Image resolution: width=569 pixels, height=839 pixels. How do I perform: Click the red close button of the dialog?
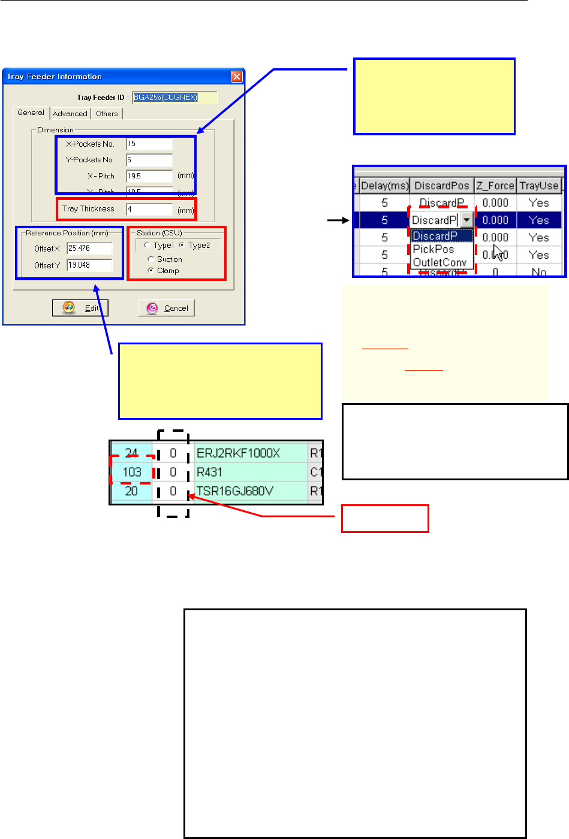(x=237, y=77)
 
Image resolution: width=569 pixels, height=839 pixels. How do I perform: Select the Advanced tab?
(x=70, y=114)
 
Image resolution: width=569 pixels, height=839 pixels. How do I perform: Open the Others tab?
(x=107, y=114)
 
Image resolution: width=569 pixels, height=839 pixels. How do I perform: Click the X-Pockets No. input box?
(x=149, y=144)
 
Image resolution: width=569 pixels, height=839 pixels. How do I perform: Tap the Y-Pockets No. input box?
(x=149, y=160)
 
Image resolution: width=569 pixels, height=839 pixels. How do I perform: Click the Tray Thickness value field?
(x=149, y=209)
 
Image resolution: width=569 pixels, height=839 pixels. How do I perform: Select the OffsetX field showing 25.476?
(x=90, y=249)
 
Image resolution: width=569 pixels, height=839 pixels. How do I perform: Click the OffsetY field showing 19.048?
(x=90, y=265)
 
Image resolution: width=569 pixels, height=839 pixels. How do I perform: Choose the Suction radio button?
(x=151, y=259)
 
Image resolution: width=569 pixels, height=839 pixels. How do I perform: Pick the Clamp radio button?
(x=151, y=271)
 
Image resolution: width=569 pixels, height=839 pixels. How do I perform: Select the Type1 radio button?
(x=147, y=246)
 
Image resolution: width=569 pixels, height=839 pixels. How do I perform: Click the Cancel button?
(x=167, y=308)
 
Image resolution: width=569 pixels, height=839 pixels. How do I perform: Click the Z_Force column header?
(x=495, y=186)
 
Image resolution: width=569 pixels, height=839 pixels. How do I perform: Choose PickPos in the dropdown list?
(x=433, y=249)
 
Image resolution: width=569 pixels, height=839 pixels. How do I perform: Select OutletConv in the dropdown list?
(x=439, y=262)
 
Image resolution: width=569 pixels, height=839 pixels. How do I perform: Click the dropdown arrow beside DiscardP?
(x=466, y=220)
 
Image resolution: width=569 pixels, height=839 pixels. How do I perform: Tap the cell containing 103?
(x=132, y=472)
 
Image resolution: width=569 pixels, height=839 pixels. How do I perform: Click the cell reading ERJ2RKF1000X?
(x=238, y=453)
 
